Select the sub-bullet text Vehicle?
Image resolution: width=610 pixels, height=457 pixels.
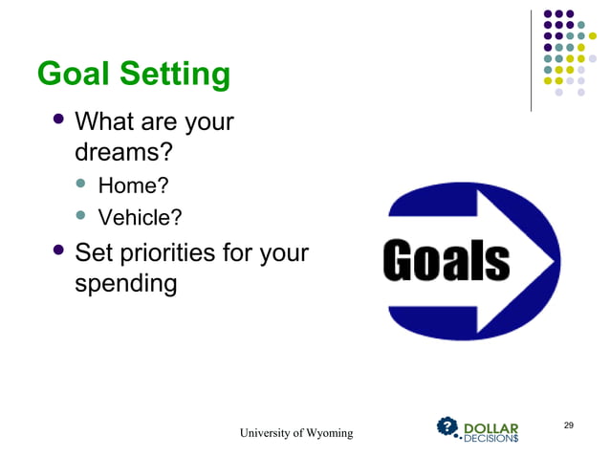tap(141, 218)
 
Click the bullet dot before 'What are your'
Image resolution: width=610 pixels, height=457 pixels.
tap(60, 120)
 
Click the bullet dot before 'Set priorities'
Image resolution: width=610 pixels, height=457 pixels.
tap(60, 251)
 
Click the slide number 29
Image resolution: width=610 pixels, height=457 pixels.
tap(569, 424)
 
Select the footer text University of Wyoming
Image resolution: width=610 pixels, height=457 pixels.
tap(295, 434)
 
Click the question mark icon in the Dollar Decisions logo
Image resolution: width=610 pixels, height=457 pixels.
tap(447, 426)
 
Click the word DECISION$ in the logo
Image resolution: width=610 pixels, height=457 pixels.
tap(491, 439)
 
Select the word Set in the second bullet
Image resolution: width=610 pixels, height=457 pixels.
tap(91, 253)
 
